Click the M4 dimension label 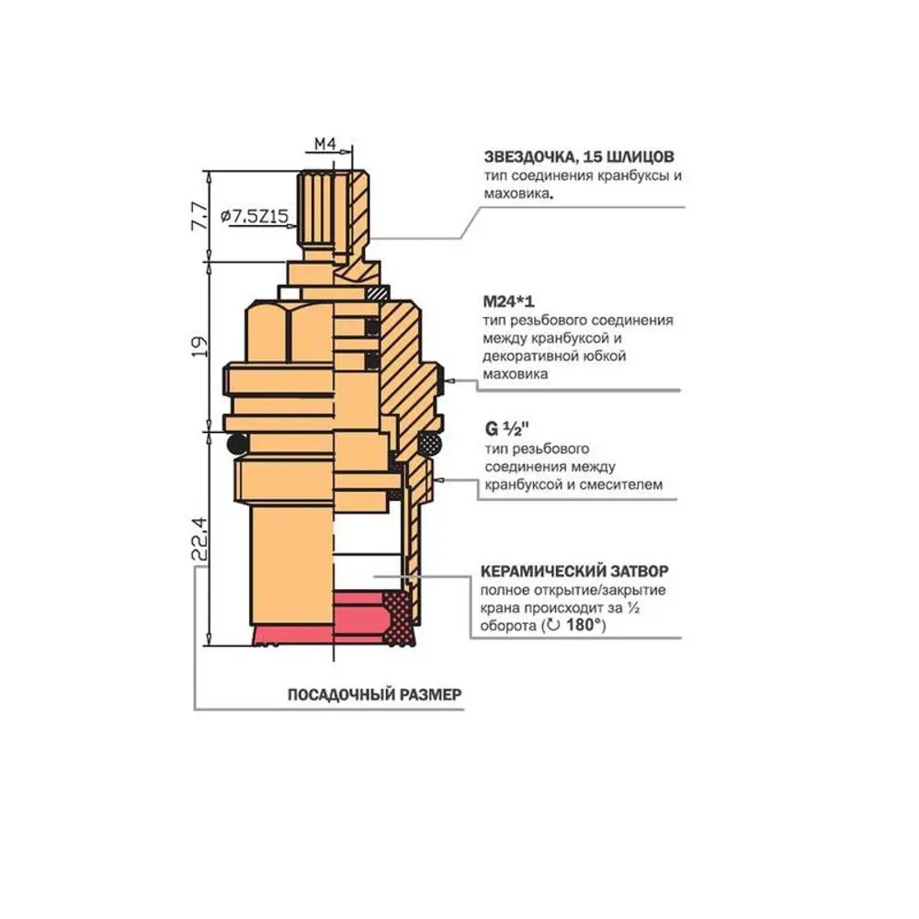tap(325, 143)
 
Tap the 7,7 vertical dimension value tap(199, 216)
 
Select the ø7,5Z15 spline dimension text tap(255, 216)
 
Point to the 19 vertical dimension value tap(199, 346)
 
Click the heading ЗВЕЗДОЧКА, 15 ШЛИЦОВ tap(579, 157)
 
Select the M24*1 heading tap(509, 301)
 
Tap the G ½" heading tap(507, 429)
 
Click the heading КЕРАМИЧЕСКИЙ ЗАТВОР tap(574, 571)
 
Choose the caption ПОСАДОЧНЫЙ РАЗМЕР tap(375, 695)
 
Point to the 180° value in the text tap(585, 625)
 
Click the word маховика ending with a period tap(518, 193)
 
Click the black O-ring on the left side tap(237, 443)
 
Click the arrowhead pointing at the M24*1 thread tap(450, 381)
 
